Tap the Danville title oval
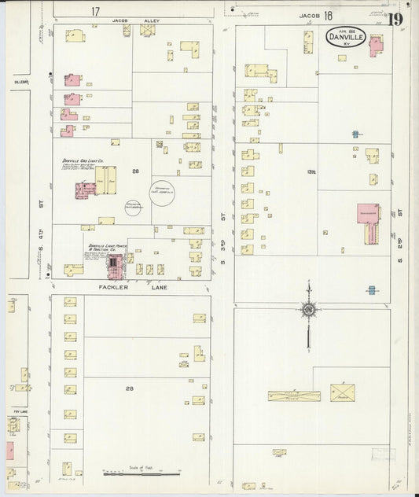[x=346, y=37]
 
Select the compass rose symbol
[x=308, y=308]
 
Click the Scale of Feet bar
[x=142, y=473]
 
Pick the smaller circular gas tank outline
[x=133, y=207]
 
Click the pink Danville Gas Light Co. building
[x=85, y=190]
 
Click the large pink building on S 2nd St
[x=367, y=223]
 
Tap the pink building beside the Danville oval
[x=376, y=46]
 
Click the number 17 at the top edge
[x=95, y=12]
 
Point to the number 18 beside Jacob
[x=327, y=15]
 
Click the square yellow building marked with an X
[x=342, y=391]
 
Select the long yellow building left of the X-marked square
[x=293, y=396]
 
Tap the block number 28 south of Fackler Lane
[x=130, y=388]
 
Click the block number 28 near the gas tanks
[x=136, y=171]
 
